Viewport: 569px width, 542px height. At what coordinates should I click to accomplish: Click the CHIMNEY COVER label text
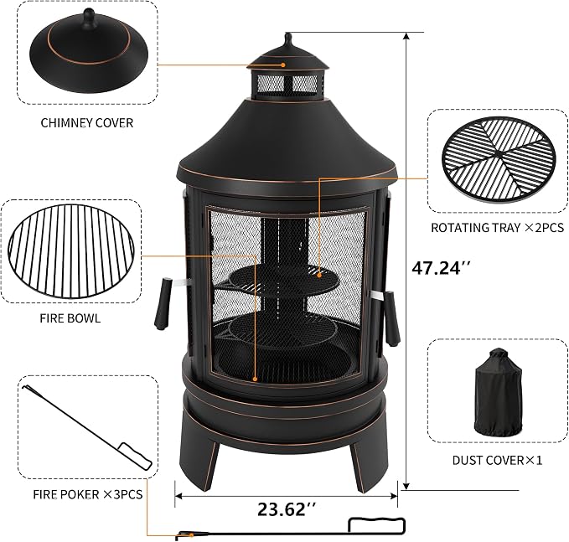pyautogui.click(x=86, y=123)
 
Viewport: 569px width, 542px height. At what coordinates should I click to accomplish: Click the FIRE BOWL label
pyautogui.click(x=70, y=318)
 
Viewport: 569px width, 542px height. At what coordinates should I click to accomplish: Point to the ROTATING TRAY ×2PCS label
pyautogui.click(x=497, y=228)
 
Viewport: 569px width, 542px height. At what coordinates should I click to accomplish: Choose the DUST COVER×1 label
pyautogui.click(x=497, y=461)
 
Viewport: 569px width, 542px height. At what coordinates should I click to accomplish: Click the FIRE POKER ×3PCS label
pyautogui.click(x=88, y=494)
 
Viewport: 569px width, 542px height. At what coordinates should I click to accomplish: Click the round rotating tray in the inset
pyautogui.click(x=499, y=158)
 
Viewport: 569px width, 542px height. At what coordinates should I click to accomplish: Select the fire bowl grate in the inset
pyautogui.click(x=70, y=250)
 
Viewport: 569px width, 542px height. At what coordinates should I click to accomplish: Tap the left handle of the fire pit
pyautogui.click(x=163, y=303)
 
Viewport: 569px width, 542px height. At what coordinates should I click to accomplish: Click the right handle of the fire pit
pyautogui.click(x=391, y=317)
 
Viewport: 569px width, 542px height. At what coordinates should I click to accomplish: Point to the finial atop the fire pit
pyautogui.click(x=288, y=39)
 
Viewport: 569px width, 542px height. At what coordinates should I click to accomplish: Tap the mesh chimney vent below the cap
pyautogui.click(x=287, y=84)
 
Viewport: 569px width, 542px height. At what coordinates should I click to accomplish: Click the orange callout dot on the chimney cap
pyautogui.click(x=283, y=65)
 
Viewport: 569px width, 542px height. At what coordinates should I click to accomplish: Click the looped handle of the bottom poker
pyautogui.click(x=376, y=525)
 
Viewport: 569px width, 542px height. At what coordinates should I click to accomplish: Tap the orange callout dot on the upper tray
pyautogui.click(x=319, y=275)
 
